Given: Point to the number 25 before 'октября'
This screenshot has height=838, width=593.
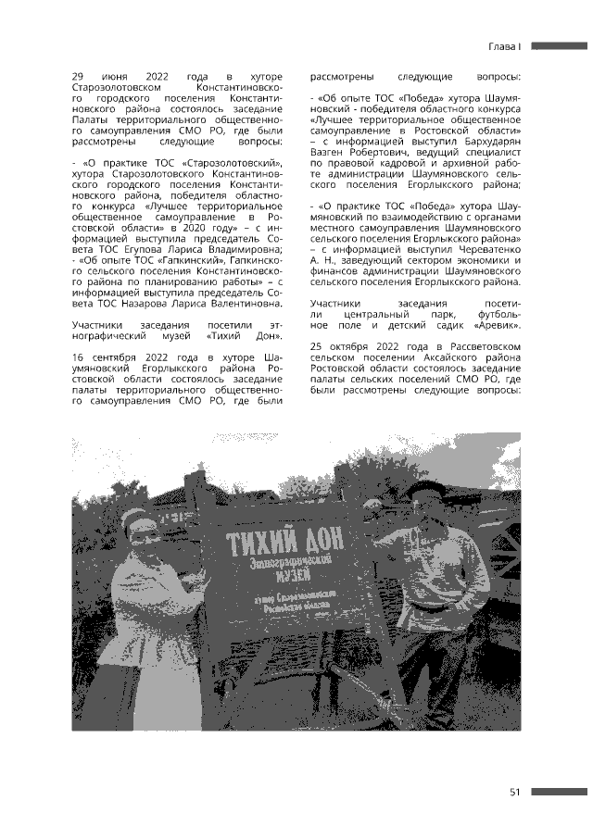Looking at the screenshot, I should (318, 345).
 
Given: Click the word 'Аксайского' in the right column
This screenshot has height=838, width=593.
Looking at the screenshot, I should (450, 356).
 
